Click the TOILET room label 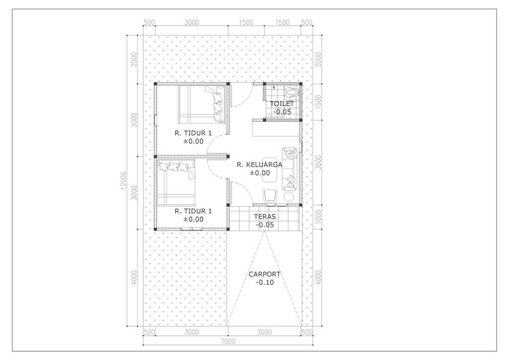[x=282, y=103]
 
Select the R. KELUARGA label [x=259, y=165]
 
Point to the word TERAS [x=265, y=217]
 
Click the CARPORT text [x=264, y=274]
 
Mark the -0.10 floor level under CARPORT [x=264, y=282]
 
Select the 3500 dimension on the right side [x=319, y=163]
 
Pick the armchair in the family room [x=270, y=196]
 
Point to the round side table [x=289, y=197]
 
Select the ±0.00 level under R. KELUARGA [x=259, y=173]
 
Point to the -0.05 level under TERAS [x=265, y=225]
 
